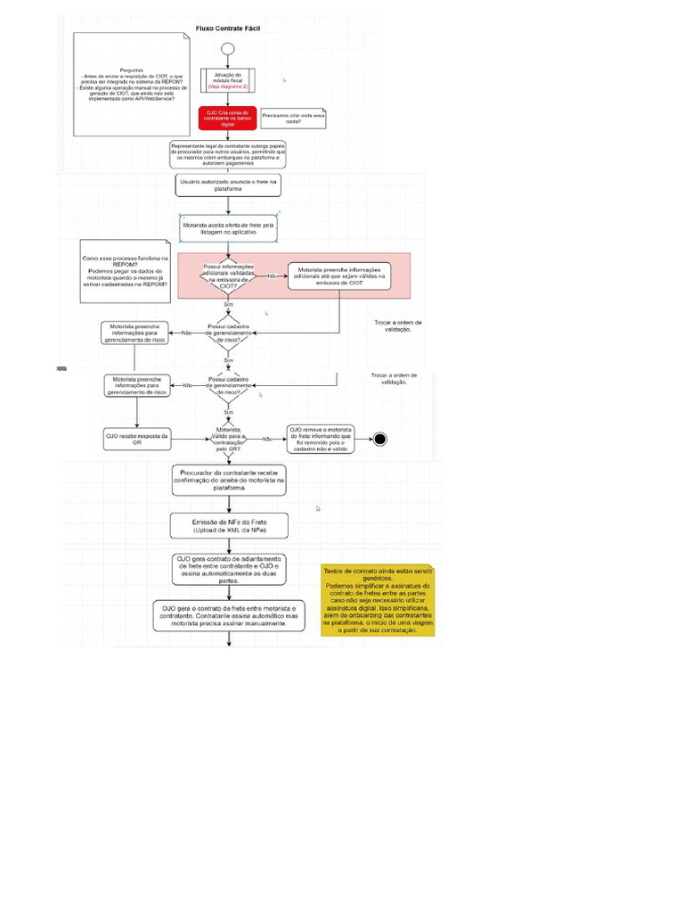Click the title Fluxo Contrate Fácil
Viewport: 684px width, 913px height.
228,29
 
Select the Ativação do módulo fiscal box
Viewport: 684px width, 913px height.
228,81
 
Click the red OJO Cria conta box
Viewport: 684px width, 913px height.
228,118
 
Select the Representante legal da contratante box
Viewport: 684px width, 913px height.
228,153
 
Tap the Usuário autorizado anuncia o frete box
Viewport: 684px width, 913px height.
228,185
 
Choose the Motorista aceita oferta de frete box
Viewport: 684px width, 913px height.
229,228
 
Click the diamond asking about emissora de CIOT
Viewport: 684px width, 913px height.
228,276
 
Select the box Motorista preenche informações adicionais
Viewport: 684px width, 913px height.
343,276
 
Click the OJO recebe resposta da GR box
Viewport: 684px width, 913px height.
137,438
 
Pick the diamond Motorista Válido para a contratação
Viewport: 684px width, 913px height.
228,438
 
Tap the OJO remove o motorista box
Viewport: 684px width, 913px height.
320,438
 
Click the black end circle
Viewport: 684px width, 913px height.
380,438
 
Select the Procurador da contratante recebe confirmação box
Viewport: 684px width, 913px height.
228,481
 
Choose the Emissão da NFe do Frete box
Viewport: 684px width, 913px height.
228,526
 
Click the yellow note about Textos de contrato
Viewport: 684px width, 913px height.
378,599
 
